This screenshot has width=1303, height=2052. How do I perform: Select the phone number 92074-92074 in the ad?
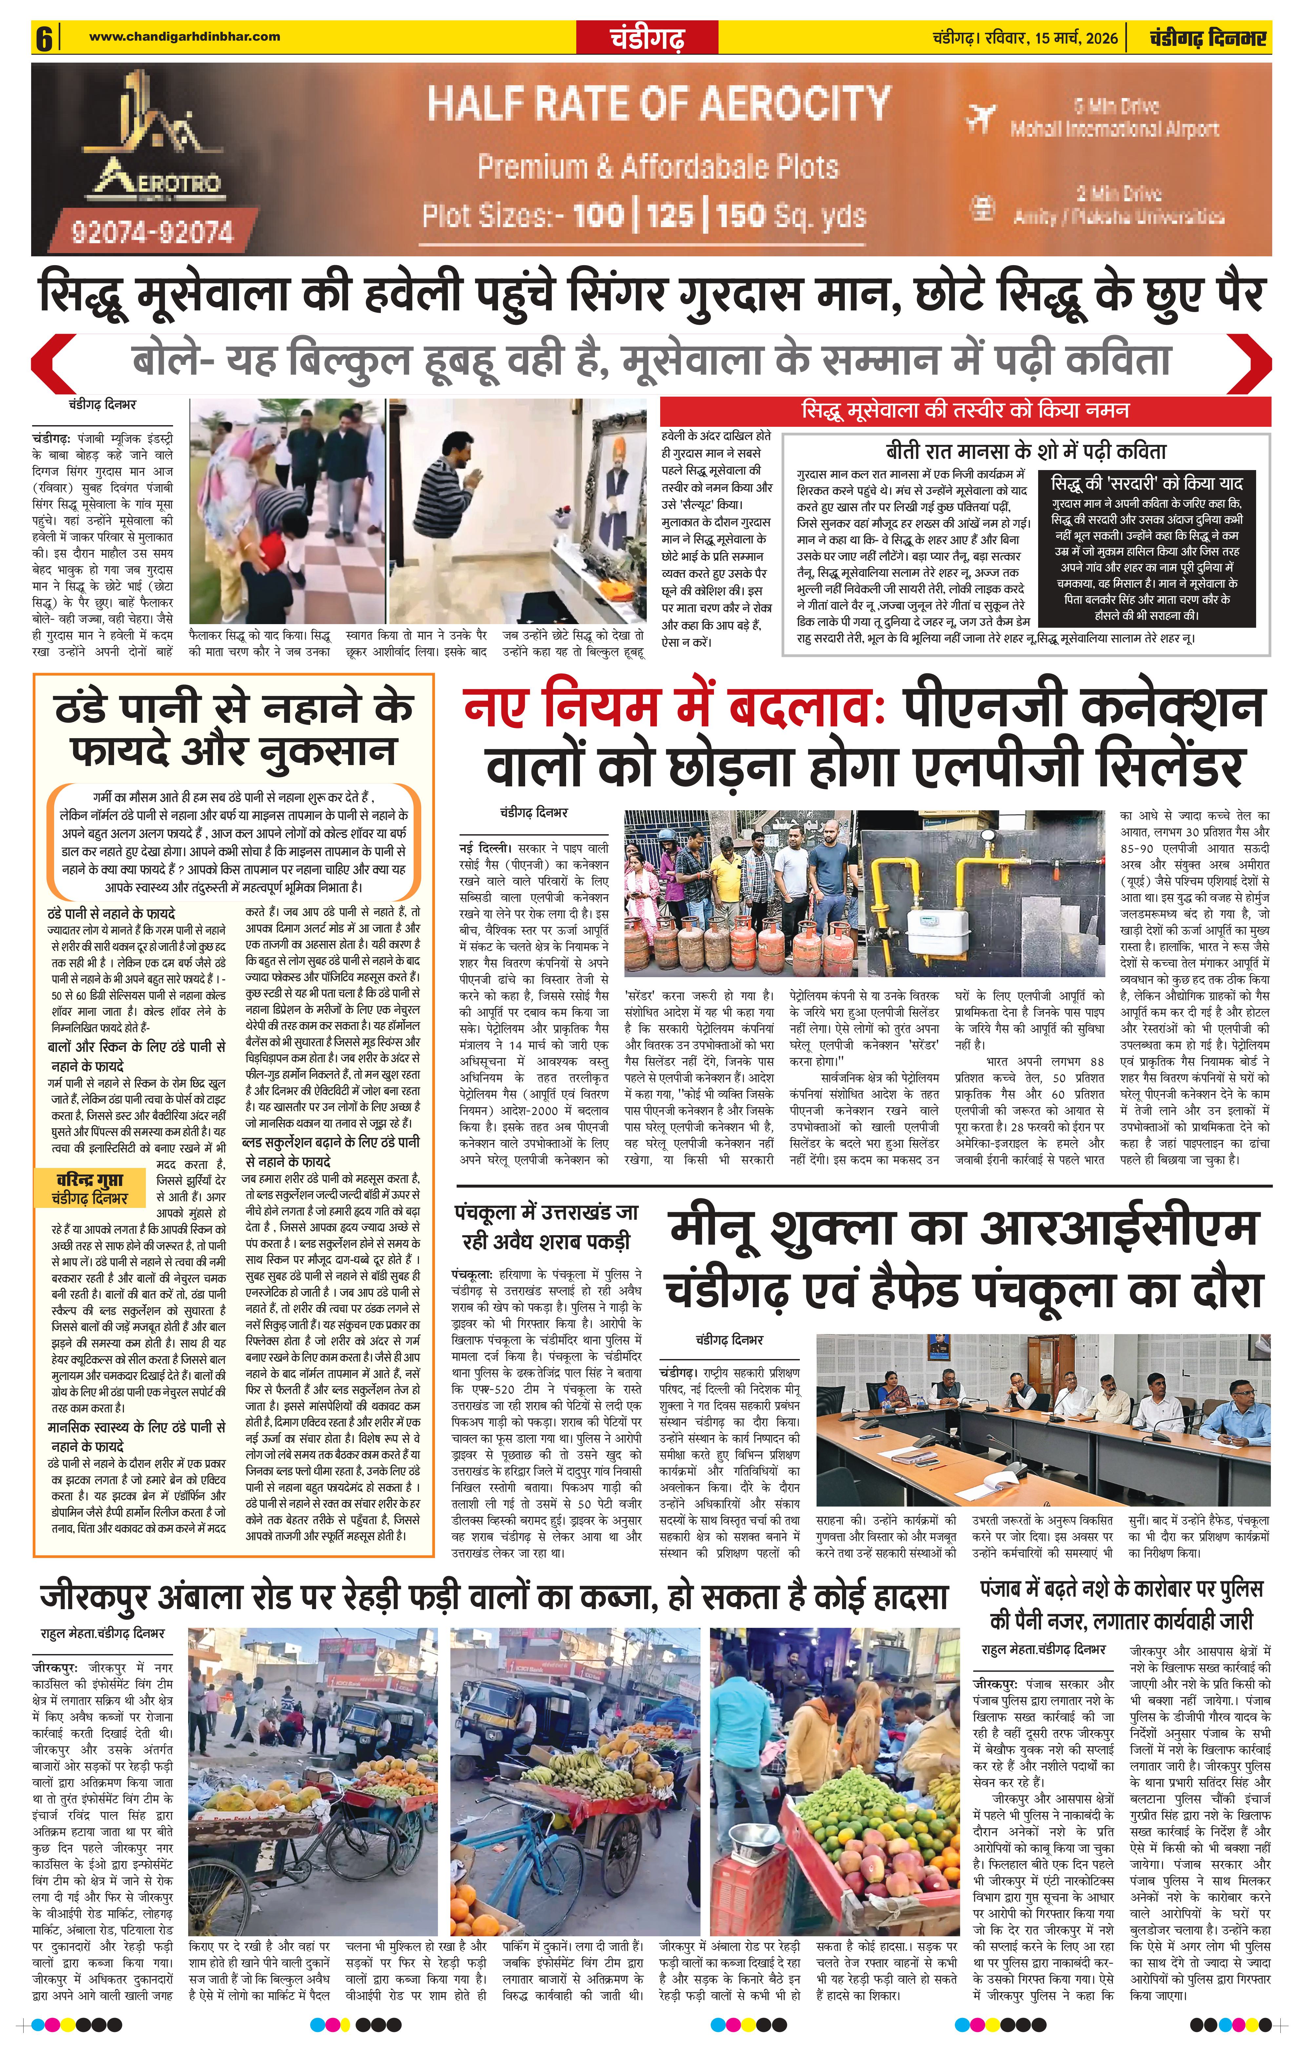152,231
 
